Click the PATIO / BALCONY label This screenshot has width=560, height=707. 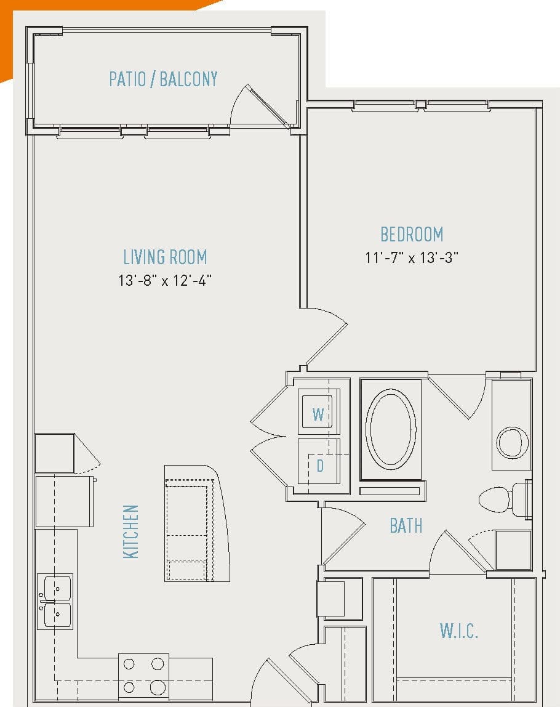(x=163, y=79)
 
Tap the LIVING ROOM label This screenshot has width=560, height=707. (x=165, y=257)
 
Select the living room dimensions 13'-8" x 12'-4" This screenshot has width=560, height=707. (x=165, y=281)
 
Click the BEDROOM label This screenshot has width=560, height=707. (x=412, y=235)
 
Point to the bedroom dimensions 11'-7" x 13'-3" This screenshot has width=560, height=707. (x=412, y=257)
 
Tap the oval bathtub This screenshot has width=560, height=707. (x=390, y=429)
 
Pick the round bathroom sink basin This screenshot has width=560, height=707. (x=512, y=441)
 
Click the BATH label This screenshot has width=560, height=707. (x=406, y=525)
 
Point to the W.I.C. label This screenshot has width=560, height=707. (x=459, y=631)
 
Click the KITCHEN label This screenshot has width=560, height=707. (x=131, y=531)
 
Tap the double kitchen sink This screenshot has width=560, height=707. (x=55, y=602)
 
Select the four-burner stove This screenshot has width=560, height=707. (x=143, y=675)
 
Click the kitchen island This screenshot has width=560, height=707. (x=196, y=523)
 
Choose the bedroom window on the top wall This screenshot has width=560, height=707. (x=422, y=106)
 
